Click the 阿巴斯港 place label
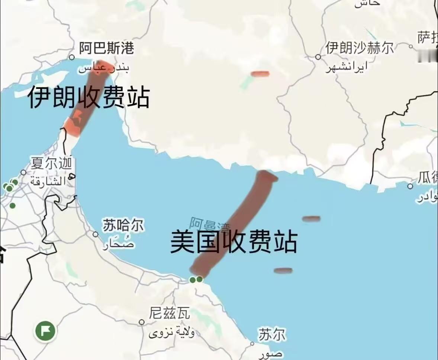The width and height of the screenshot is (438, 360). tap(106, 48)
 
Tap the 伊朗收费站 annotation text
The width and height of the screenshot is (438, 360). tap(88, 97)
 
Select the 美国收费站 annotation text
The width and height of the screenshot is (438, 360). tap(234, 242)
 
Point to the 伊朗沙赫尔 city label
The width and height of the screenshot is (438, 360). tap(360, 48)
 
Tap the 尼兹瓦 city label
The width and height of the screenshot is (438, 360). tap(170, 314)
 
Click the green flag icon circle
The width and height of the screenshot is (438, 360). tap(45, 330)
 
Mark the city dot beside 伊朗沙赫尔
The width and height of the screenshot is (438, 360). tap(318, 57)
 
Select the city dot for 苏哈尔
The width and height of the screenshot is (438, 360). tap(96, 234)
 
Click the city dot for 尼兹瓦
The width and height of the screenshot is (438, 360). tap(142, 322)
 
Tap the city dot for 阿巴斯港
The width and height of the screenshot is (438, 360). tap(72, 57)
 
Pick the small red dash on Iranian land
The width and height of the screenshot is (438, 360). tap(260, 74)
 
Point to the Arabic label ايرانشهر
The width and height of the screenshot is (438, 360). tap(346, 67)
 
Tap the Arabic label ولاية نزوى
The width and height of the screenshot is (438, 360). tap(172, 332)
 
